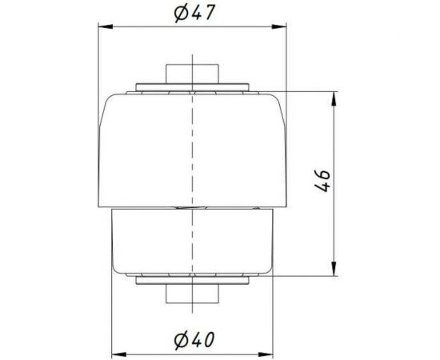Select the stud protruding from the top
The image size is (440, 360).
click(x=192, y=73)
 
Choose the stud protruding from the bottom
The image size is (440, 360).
click(x=192, y=294)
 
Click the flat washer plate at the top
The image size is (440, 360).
click(x=192, y=86)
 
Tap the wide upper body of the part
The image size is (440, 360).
click(x=192, y=148)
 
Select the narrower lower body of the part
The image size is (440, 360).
click(x=192, y=240)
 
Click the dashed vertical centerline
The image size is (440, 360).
click(x=192, y=184)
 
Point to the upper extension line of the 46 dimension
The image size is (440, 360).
click(x=308, y=92)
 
